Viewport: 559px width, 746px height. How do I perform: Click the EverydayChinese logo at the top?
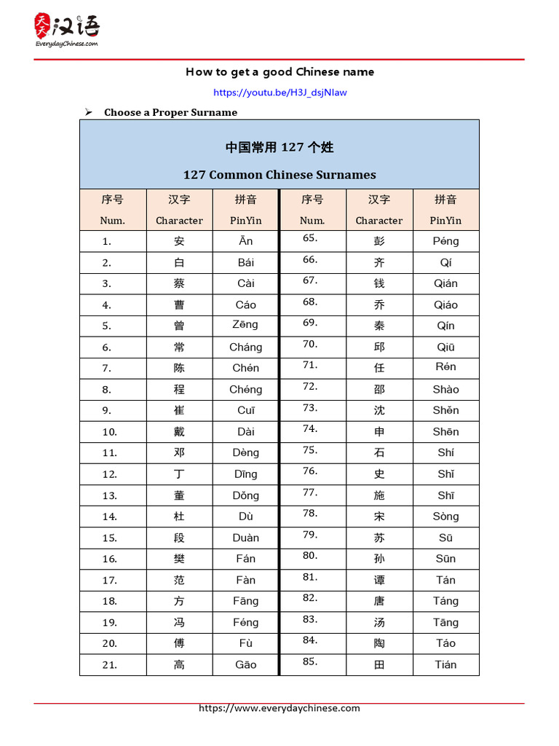point(67,30)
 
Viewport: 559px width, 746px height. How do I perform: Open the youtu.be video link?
point(279,93)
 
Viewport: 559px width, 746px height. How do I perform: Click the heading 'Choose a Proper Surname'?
point(170,112)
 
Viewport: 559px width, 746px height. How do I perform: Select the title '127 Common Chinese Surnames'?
point(279,175)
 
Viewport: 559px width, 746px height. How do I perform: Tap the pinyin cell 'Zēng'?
point(245,325)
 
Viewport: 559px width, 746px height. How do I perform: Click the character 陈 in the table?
point(179,368)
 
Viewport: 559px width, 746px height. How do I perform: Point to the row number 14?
point(109,517)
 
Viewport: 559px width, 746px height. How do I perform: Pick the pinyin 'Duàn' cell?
point(245,538)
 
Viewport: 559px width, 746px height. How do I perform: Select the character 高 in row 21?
point(179,664)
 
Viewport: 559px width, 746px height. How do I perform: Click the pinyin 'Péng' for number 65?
point(445,241)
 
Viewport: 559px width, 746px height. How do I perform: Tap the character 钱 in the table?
point(379,283)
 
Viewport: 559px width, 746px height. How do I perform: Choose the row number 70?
point(310,344)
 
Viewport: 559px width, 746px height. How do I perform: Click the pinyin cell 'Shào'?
point(445,389)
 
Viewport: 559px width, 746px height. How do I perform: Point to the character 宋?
point(379,517)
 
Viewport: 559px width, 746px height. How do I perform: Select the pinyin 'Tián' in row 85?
point(445,664)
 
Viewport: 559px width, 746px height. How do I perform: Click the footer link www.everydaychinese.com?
point(279,708)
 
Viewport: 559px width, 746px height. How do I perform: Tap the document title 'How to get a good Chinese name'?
point(279,71)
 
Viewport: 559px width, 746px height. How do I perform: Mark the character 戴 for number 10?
point(179,432)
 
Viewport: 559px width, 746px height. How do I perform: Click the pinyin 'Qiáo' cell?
point(445,305)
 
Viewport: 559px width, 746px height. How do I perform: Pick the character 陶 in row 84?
point(379,643)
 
